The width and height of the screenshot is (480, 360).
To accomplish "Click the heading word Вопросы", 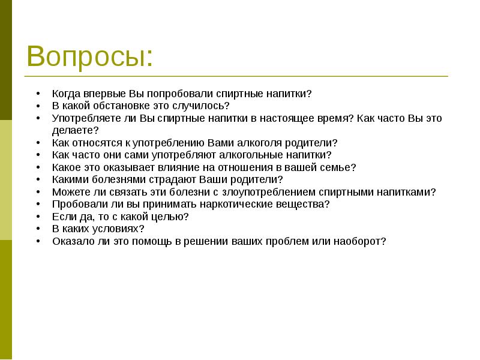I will pos(89,57).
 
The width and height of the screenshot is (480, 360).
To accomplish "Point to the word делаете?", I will pos(75,130).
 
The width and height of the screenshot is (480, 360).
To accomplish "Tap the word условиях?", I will pos(122,229).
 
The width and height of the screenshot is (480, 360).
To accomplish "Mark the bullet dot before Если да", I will pos(38,217).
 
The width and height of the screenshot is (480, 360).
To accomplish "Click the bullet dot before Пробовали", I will pos(38,204).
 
